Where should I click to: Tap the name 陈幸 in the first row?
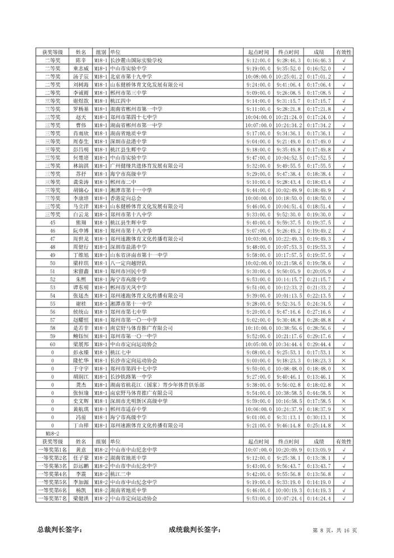[81, 60]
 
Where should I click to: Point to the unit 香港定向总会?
[127, 198]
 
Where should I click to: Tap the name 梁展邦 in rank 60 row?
[81, 344]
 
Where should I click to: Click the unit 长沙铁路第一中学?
[132, 376]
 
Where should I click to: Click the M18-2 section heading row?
[52, 433]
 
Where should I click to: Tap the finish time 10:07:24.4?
[289, 498]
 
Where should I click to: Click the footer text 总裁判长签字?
[59, 529]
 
